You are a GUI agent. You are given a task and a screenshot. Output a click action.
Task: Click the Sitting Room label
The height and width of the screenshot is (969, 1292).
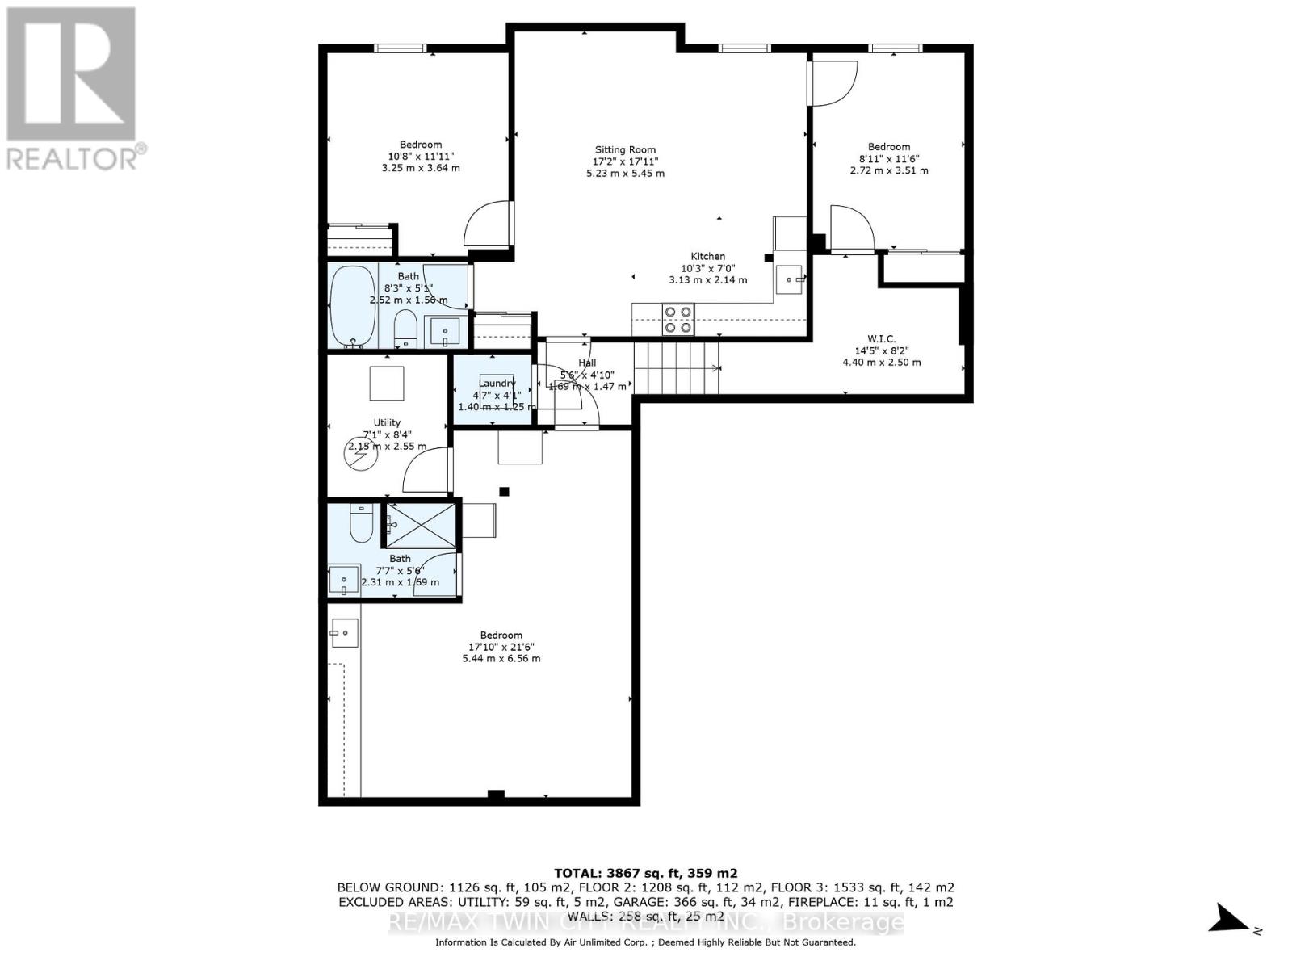[625, 149]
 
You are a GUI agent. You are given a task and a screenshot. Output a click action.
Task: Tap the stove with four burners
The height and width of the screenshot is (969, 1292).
[678, 319]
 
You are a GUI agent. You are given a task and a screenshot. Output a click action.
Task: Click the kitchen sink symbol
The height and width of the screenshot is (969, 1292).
[789, 279]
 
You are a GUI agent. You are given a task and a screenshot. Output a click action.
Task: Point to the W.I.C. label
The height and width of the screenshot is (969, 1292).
[881, 338]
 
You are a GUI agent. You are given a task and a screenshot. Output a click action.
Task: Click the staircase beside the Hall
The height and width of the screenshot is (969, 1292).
[677, 367]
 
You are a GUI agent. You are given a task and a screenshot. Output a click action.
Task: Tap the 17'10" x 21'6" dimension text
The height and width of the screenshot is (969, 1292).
[501, 647]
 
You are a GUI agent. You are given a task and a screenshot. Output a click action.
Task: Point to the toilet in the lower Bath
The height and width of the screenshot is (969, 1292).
[361, 524]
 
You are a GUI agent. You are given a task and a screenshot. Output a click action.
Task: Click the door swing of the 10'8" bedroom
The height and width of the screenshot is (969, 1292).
[489, 224]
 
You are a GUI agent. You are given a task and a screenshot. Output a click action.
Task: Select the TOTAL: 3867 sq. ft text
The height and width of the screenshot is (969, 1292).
[645, 873]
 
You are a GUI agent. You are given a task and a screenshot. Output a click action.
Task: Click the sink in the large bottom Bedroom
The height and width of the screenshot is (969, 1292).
[345, 631]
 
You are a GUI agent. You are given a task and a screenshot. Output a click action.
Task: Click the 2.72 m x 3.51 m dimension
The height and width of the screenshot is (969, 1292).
[888, 170]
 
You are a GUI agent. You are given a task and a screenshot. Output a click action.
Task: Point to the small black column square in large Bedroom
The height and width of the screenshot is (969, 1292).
[505, 491]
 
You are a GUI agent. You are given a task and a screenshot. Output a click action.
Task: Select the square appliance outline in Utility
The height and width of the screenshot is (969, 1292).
[387, 383]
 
